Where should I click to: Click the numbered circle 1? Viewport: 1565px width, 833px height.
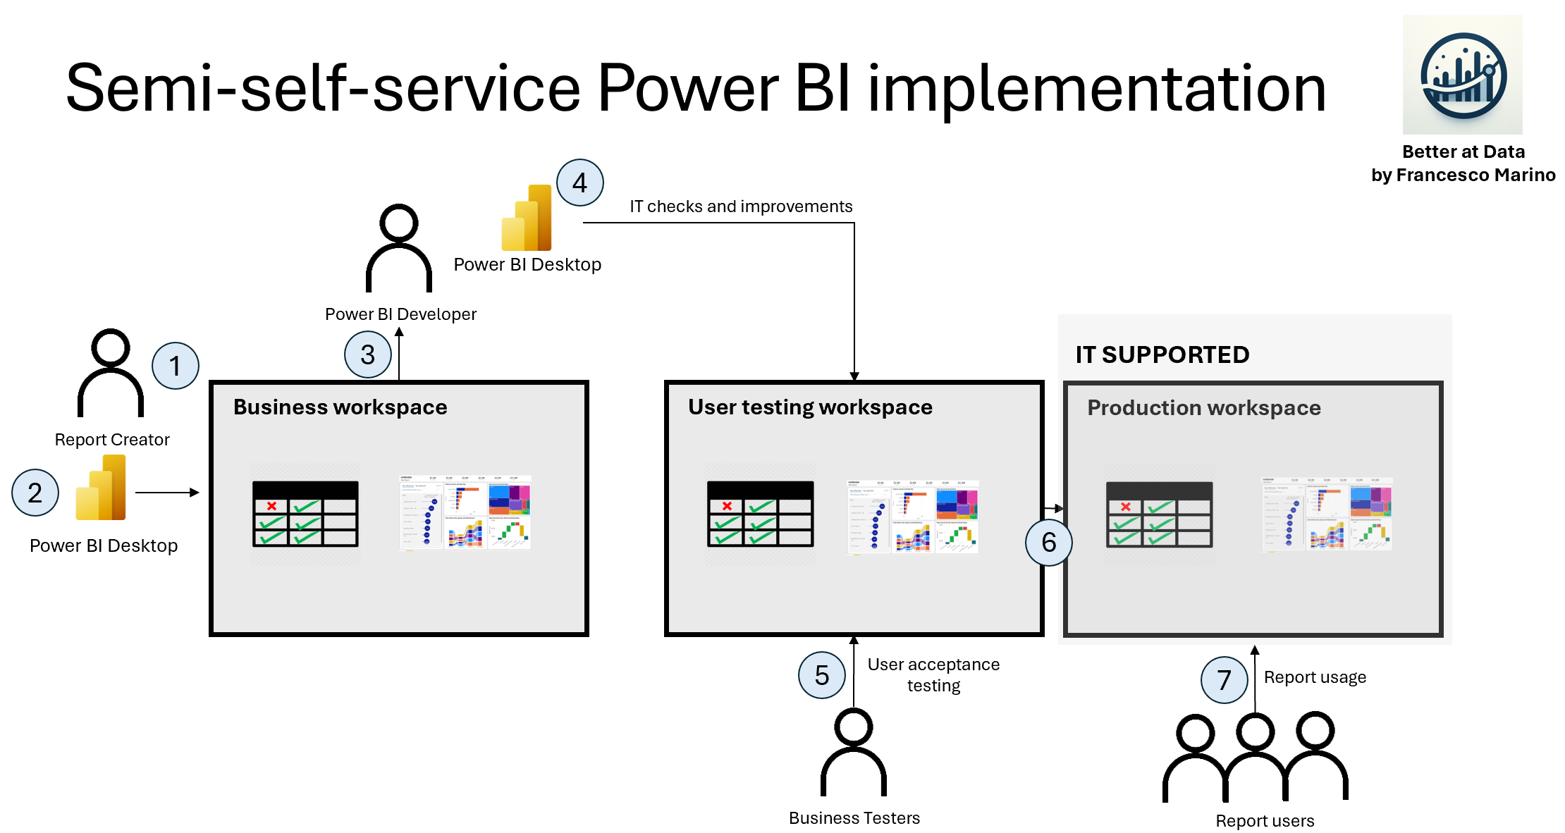pos(176,366)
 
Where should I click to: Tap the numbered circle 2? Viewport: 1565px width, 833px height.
pos(35,493)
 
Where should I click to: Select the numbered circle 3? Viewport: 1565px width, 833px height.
pos(368,354)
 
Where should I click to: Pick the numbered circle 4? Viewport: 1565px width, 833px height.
pos(580,183)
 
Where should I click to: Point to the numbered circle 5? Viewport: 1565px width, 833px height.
pos(822,675)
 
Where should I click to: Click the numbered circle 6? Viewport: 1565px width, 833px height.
pos(1049,542)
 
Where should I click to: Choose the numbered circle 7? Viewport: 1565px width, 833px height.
pos(1225,680)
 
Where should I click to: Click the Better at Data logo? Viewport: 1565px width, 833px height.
pos(1463,75)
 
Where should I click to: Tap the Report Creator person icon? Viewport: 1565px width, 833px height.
pos(111,373)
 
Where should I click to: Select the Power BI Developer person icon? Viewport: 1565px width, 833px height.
pos(399,248)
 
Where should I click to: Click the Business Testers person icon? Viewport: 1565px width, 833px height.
pos(854,752)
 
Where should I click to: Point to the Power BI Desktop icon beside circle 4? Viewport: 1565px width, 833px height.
pos(527,218)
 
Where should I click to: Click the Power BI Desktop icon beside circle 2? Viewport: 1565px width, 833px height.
pos(101,488)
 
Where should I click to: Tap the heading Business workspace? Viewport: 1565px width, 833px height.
pos(340,407)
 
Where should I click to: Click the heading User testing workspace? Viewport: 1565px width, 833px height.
pos(810,407)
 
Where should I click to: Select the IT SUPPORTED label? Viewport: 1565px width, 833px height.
pos(1162,354)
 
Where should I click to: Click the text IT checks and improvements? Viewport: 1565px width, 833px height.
pos(741,206)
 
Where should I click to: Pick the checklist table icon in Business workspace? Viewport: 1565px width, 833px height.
pos(305,514)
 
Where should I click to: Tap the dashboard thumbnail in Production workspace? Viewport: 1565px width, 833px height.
pos(1327,514)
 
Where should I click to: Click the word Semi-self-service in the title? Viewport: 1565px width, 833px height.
pos(323,88)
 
